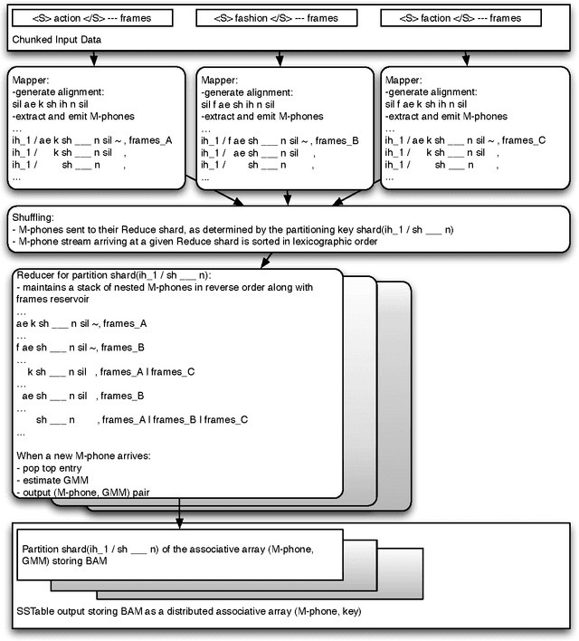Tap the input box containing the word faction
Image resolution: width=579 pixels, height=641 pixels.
coord(466,18)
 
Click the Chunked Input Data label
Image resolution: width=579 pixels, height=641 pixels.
coord(56,40)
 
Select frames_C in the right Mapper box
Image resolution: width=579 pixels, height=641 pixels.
coord(524,139)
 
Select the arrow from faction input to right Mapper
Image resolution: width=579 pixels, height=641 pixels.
coord(467,56)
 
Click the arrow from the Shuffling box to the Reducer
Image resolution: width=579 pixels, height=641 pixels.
coord(264,261)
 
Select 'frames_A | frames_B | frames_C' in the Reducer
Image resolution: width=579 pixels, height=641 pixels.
coord(175,419)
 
